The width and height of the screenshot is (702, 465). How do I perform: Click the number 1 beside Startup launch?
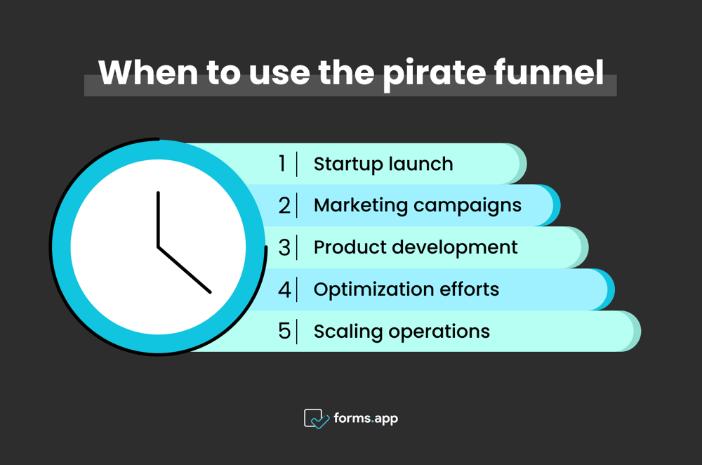(x=282, y=164)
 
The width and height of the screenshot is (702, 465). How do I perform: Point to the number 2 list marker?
(x=284, y=206)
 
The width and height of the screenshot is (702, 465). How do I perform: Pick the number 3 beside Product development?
(x=284, y=248)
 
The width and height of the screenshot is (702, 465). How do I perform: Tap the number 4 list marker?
(x=284, y=289)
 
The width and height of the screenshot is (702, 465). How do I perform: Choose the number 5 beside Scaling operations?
(x=284, y=332)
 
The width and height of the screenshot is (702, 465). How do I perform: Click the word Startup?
(x=345, y=164)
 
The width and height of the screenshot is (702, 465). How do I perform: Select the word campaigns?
(x=468, y=206)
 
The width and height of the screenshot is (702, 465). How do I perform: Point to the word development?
(x=454, y=247)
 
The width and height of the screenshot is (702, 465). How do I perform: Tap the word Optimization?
(x=373, y=290)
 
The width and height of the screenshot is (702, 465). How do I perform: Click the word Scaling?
(x=348, y=332)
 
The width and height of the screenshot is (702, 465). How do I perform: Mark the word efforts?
(x=469, y=289)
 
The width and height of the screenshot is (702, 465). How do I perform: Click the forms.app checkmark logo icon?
(x=316, y=419)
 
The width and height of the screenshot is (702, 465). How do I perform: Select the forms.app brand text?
(x=366, y=419)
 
